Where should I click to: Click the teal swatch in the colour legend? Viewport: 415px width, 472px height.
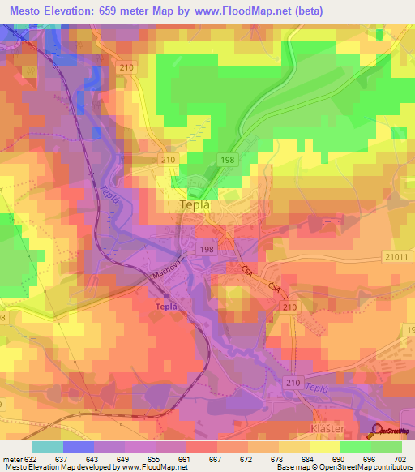pos(47,446)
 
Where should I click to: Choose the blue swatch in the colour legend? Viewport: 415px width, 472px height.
pos(78,446)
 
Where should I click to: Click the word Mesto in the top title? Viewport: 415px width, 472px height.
pos(24,10)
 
